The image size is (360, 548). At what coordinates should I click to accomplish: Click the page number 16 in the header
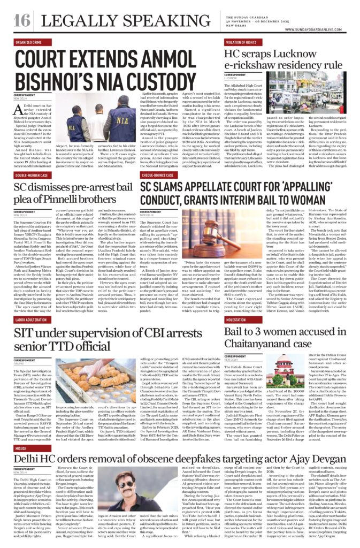[21, 20]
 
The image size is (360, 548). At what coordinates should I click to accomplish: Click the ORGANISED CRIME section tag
[30, 41]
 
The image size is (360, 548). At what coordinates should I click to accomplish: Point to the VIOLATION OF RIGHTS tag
[244, 41]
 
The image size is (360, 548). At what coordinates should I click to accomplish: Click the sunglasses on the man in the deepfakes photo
[127, 486]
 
